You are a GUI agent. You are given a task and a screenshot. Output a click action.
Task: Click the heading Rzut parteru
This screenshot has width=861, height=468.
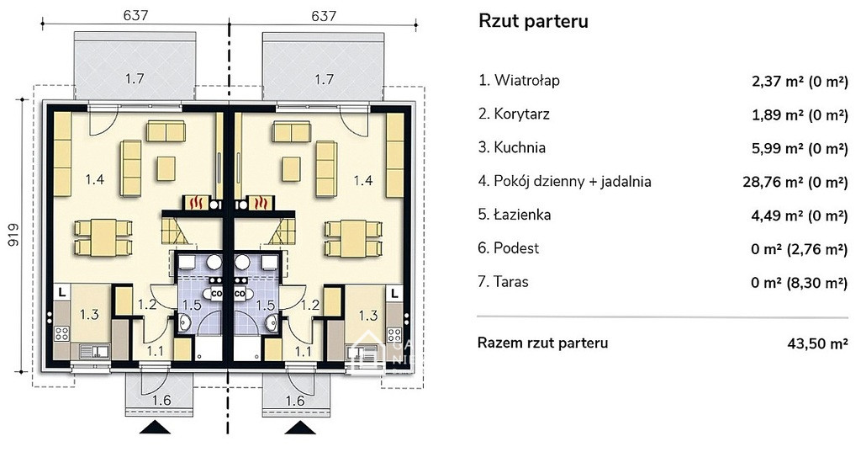point(533,21)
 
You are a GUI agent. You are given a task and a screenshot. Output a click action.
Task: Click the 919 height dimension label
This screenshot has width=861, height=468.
point(13,234)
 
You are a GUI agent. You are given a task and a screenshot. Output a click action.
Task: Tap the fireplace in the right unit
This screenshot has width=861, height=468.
point(261,202)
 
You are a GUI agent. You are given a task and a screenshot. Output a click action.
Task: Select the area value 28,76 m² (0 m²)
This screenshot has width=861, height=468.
point(795,182)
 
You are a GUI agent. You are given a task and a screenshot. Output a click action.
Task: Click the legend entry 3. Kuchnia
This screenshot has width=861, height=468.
point(512,147)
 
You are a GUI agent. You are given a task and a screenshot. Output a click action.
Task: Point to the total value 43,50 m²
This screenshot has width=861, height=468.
point(817,343)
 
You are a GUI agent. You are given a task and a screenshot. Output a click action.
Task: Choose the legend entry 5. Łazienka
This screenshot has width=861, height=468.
point(515,215)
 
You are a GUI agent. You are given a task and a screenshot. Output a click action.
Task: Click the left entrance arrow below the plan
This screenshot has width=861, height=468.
point(155,428)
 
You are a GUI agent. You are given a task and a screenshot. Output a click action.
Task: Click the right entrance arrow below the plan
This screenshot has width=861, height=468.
point(300,428)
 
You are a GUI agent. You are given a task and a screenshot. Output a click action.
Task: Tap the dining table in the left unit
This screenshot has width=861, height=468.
point(103,237)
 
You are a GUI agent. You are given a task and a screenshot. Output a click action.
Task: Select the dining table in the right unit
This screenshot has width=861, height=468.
point(354,237)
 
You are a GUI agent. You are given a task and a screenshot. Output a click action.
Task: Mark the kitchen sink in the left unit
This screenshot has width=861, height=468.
point(94,350)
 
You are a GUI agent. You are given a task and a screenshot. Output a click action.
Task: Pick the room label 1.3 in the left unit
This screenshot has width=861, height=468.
point(89,315)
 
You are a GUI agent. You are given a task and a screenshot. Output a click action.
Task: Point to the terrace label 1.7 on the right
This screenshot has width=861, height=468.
point(324,79)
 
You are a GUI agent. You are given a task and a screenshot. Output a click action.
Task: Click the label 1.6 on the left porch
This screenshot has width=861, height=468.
point(161,401)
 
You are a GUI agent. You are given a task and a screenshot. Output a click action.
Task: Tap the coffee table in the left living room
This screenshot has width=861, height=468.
point(166,169)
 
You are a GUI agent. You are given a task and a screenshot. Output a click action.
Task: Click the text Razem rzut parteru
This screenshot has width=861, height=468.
point(542,343)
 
